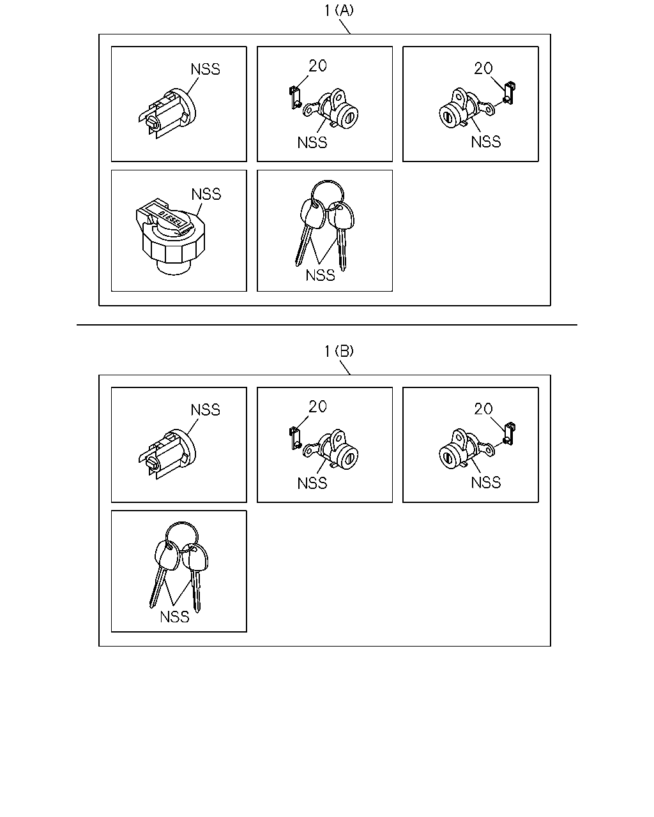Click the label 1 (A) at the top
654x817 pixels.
(338, 11)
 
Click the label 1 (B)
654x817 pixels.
(338, 351)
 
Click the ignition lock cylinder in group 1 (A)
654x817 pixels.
(167, 113)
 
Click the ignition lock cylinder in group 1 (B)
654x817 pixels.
(167, 454)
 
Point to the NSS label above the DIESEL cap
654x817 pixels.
(206, 195)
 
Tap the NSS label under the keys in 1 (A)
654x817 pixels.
(321, 275)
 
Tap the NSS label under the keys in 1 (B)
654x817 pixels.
(174, 617)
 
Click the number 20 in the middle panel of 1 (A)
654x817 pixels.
(317, 66)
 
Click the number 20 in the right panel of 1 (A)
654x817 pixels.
(483, 68)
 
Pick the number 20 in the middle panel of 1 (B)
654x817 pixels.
(317, 407)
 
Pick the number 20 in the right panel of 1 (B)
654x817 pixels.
(483, 409)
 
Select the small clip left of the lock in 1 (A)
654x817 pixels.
(295, 98)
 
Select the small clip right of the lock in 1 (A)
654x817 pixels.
(509, 93)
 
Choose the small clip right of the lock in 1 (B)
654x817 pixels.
(509, 433)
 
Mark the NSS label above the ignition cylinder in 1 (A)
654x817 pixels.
(205, 70)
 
